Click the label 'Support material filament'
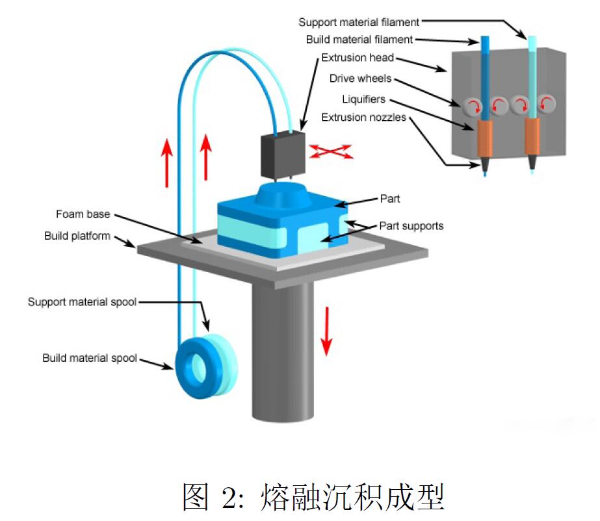point(359,22)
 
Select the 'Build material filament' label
point(359,40)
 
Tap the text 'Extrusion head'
point(358,58)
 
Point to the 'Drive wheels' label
point(360,79)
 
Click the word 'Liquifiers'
point(363,99)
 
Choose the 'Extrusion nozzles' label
point(363,118)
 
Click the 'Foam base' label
point(83,214)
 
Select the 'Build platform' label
point(77,236)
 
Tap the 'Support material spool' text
point(82,302)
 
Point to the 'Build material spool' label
point(90,358)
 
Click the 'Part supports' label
point(411,226)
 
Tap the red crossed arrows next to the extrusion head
point(331,151)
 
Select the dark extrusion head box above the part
point(282,154)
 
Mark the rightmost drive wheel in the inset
point(547,105)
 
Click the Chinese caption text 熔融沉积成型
point(352,498)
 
